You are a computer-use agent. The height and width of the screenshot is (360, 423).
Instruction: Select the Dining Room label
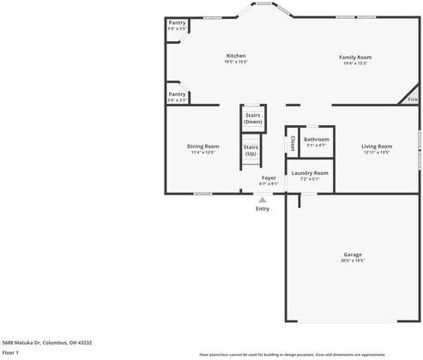click(203, 146)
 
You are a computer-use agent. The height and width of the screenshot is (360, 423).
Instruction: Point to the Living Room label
click(376, 146)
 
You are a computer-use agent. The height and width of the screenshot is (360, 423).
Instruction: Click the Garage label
click(353, 254)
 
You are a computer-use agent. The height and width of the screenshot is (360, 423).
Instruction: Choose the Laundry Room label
click(309, 173)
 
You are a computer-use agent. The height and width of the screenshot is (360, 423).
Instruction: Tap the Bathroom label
click(316, 139)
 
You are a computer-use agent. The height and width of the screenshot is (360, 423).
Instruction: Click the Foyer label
click(269, 177)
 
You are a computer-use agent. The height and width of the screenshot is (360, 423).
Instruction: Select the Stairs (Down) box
click(252, 118)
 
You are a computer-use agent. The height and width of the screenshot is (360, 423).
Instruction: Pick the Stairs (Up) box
click(251, 150)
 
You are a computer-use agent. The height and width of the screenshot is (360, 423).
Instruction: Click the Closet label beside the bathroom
click(293, 141)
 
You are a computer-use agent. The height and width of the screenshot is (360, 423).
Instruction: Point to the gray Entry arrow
click(263, 199)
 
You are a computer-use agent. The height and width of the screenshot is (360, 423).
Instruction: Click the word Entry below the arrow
click(263, 208)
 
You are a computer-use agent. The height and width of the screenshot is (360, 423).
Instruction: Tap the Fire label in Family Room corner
click(412, 99)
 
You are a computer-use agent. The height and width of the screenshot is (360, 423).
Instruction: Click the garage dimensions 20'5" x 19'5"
click(353, 261)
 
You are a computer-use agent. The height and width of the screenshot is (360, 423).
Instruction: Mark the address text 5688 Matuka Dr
click(47, 342)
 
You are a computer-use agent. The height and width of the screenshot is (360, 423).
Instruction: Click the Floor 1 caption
click(10, 352)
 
